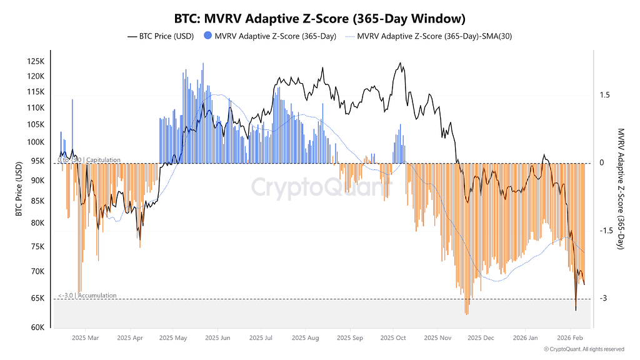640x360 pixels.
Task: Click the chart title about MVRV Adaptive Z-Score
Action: pos(319,19)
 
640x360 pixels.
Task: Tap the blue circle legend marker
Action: pos(207,36)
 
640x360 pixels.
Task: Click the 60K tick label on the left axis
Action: pos(37,327)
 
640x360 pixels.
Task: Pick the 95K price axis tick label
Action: pos(37,161)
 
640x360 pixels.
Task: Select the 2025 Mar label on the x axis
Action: pos(86,338)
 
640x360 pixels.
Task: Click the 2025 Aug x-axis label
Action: pos(304,338)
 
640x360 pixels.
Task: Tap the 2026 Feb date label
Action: pos(570,338)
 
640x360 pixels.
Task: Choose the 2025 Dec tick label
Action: pos(481,338)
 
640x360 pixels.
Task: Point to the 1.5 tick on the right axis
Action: pos(604,95)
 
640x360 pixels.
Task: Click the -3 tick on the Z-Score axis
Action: pos(604,298)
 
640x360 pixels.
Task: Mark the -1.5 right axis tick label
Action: pos(606,231)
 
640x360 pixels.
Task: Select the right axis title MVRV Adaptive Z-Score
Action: pos(621,189)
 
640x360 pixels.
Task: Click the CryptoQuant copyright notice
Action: pos(584,349)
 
